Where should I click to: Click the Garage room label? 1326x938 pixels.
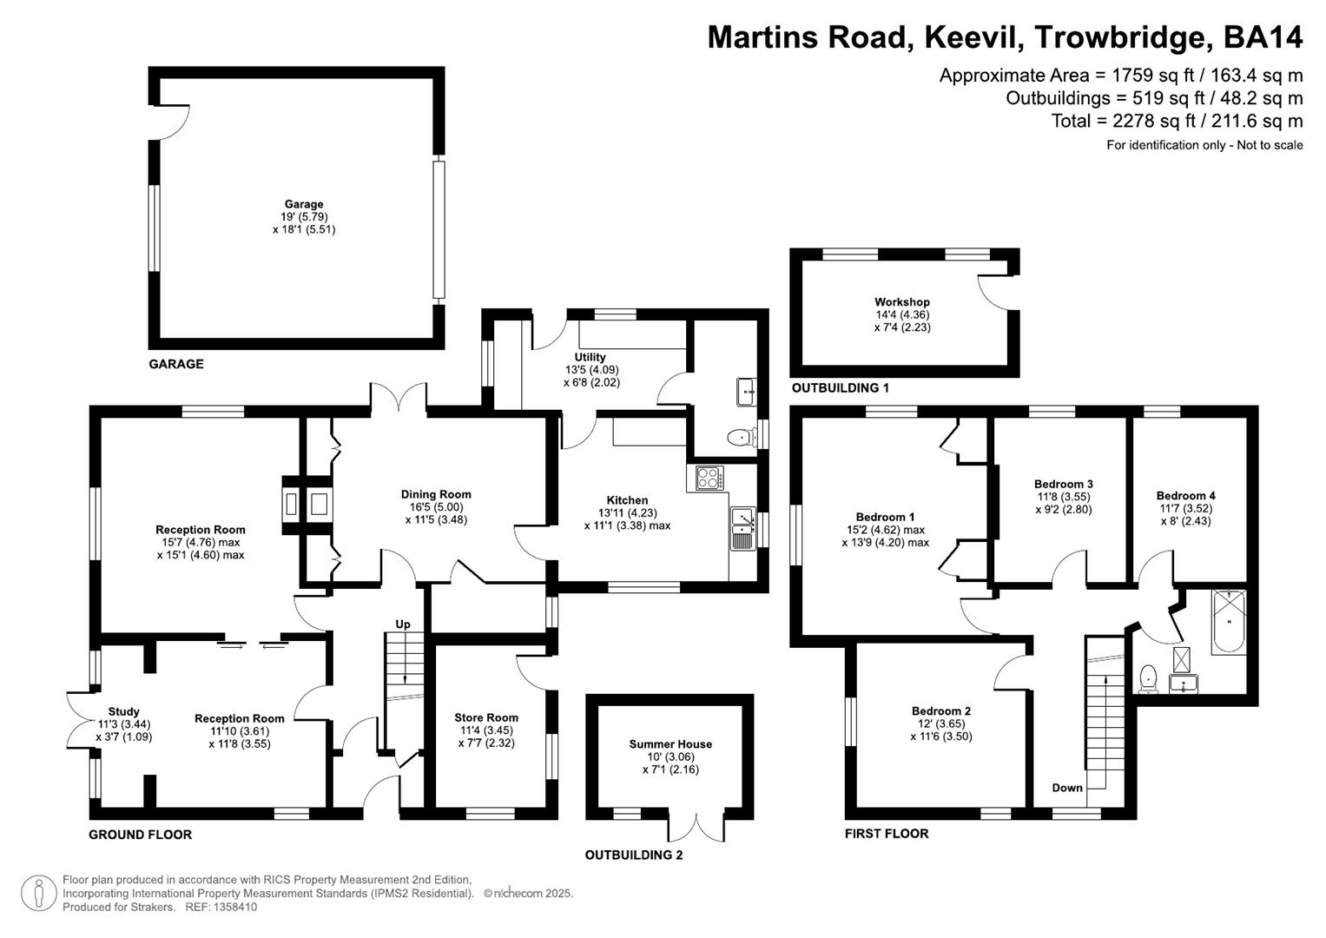[303, 205]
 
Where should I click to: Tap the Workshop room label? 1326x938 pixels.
[901, 302]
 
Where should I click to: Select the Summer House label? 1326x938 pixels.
[670, 744]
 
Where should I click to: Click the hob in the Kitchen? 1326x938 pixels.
[709, 479]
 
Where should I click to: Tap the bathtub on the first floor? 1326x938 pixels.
[1229, 622]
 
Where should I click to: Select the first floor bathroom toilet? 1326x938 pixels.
[1150, 677]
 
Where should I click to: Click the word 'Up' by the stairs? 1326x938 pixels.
[403, 624]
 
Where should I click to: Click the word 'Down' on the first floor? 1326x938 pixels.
[1067, 788]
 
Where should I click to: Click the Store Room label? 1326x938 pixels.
[486, 717]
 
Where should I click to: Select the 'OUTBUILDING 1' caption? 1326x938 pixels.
[840, 388]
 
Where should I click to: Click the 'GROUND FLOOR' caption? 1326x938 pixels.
[140, 835]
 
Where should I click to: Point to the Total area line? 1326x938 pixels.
[1177, 122]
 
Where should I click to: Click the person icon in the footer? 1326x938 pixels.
[38, 894]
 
